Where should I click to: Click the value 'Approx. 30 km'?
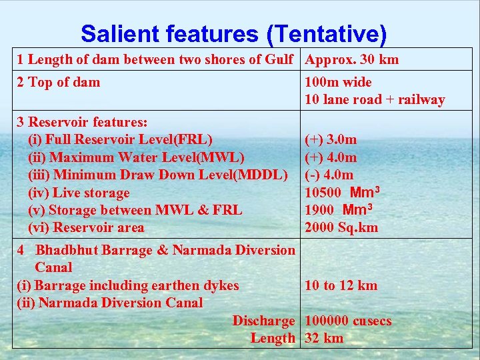351,60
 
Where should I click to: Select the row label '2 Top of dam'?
59,83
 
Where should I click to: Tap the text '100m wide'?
338,83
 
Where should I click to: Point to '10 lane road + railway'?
375,100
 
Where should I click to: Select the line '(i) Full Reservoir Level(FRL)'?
120,140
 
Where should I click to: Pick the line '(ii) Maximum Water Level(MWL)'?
136,158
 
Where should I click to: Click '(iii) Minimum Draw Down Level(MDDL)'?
158,175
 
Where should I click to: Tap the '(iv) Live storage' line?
79,193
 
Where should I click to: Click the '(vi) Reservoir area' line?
86,228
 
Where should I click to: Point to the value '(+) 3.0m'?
331,140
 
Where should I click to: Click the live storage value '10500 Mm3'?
342,193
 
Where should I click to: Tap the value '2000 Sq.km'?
341,228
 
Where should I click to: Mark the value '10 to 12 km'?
341,286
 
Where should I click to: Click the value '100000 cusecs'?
348,321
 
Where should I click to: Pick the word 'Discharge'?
263,321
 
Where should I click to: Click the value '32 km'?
324,339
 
